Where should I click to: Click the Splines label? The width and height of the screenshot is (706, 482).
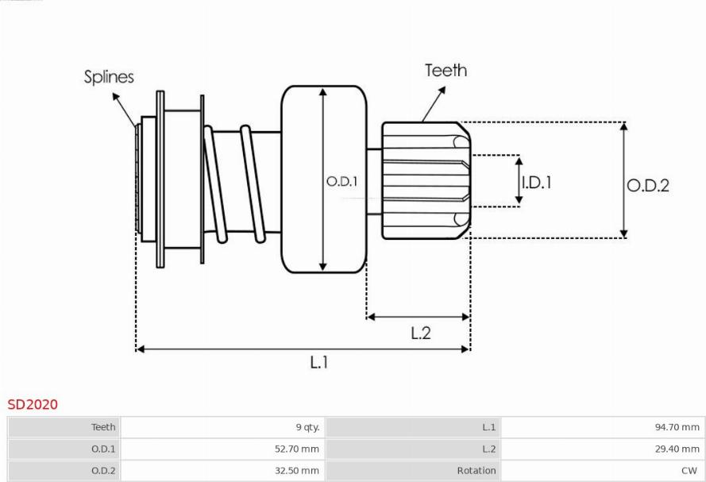[110, 77]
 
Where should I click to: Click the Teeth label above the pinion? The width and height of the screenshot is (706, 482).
[446, 70]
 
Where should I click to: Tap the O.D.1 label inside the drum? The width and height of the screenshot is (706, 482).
[342, 182]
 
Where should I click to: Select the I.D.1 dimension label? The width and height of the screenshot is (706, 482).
[536, 182]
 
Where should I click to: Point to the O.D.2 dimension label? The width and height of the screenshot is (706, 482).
[648, 185]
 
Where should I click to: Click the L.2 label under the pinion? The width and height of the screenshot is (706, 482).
[420, 333]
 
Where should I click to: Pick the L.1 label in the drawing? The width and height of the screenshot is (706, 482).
[318, 362]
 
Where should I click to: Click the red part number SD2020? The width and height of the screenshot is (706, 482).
[33, 405]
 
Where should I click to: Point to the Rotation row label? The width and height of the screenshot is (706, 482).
[476, 470]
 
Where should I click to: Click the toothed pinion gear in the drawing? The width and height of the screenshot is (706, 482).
[425, 180]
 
